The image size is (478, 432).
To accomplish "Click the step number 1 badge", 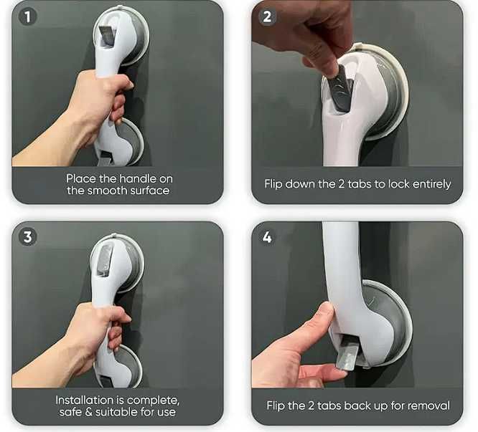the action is (x=27, y=16).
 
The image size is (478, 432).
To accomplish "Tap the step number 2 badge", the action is (x=267, y=16).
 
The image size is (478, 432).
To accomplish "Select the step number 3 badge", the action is (x=27, y=237).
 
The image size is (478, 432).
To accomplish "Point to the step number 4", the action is (x=267, y=237).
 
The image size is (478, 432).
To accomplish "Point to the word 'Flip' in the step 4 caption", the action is (x=276, y=405).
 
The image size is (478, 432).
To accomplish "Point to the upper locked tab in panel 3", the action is (x=104, y=260).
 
